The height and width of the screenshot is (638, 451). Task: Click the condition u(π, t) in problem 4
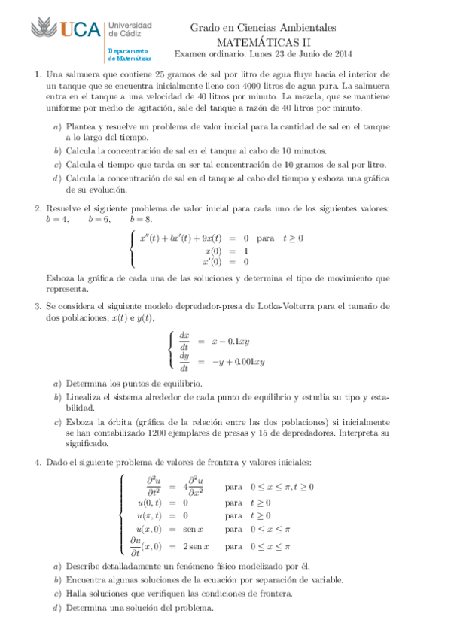click(151, 516)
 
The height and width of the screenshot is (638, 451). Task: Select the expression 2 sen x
click(194, 547)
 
